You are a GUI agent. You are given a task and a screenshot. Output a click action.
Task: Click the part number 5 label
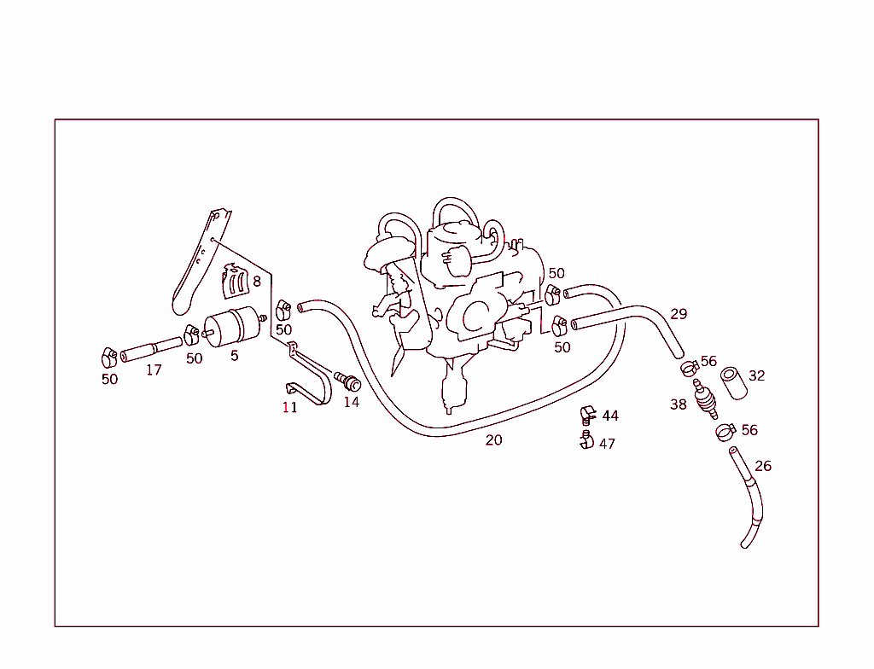click(234, 355)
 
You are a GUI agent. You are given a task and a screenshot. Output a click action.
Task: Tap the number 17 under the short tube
click(153, 370)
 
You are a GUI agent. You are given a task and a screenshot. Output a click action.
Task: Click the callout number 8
click(256, 281)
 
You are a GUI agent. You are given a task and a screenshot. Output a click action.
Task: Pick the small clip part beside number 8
click(235, 283)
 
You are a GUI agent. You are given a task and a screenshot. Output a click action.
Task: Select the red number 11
click(290, 408)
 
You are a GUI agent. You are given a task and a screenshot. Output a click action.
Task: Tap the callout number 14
click(352, 402)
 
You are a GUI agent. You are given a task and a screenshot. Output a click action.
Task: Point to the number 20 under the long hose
click(493, 440)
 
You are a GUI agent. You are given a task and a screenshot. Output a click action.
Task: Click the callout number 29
click(679, 314)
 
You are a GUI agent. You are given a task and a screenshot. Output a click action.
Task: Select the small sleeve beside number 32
click(734, 383)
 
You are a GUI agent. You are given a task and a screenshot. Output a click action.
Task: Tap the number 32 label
click(757, 375)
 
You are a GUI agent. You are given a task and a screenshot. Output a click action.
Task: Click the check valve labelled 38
click(704, 398)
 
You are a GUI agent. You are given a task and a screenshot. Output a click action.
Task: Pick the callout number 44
click(609, 416)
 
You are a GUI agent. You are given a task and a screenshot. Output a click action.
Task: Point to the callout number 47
click(607, 444)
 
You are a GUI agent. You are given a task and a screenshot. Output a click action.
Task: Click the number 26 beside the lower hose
click(763, 466)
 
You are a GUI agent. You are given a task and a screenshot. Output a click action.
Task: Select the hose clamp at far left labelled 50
click(108, 357)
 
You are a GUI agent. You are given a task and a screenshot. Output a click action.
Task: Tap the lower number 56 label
click(749, 430)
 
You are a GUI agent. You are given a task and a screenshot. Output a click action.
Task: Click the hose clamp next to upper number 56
click(689, 369)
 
